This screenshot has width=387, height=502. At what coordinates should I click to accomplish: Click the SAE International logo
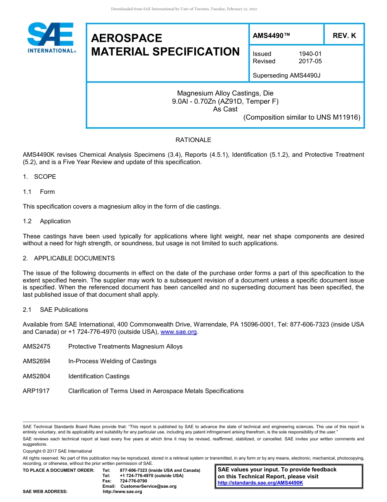[x=51, y=38]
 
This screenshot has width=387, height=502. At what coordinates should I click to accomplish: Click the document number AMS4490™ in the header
[x=271, y=36]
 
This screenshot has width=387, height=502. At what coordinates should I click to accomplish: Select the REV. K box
[x=344, y=36]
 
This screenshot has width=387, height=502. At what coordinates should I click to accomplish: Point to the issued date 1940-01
[x=310, y=54]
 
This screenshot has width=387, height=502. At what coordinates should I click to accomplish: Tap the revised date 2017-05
[x=310, y=61]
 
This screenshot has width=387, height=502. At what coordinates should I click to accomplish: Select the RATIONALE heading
[x=193, y=140]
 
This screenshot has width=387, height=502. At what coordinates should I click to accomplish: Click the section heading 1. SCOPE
[x=40, y=177]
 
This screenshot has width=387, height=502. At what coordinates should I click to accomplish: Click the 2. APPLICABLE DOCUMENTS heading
[x=69, y=258]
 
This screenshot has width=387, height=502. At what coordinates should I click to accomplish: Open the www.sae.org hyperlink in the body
[x=179, y=332]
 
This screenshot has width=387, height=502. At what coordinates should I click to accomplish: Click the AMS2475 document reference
[x=36, y=347]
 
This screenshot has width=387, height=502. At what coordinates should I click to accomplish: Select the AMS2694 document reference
[x=36, y=361]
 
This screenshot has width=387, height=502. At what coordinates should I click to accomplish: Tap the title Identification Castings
[x=99, y=376]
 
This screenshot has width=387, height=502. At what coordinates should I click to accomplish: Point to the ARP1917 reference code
[x=36, y=391]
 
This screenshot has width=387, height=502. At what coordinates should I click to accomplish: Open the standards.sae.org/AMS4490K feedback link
[x=260, y=483]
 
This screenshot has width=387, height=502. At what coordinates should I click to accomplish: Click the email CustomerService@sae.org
[x=148, y=486]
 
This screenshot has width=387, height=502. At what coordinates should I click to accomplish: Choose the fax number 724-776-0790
[x=133, y=481]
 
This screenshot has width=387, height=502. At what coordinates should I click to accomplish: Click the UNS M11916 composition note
[x=301, y=118]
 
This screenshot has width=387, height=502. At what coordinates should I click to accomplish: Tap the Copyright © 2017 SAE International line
[x=57, y=451]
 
